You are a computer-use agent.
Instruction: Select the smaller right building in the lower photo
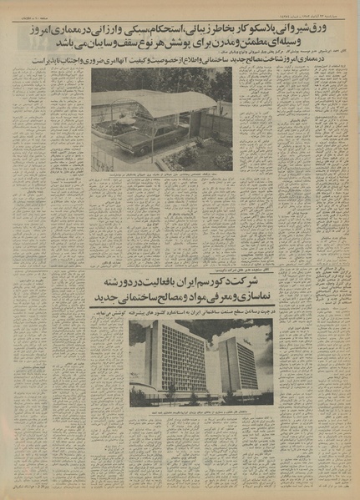point(237,361)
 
